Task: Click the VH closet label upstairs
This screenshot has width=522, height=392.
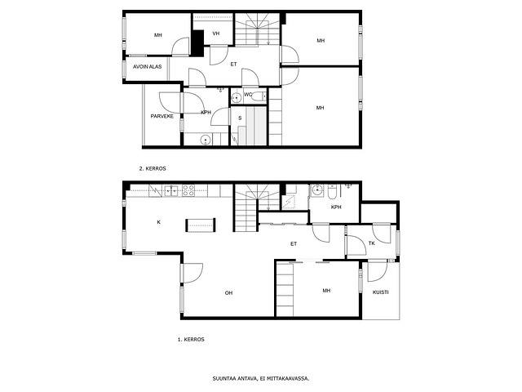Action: click(216, 33)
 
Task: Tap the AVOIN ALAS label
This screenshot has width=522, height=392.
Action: click(147, 67)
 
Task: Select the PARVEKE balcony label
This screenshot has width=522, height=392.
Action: click(162, 116)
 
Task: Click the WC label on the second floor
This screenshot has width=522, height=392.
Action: click(248, 95)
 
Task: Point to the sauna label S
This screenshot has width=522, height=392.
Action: click(240, 118)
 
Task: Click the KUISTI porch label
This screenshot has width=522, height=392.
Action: click(381, 292)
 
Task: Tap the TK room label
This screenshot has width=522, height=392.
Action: click(372, 243)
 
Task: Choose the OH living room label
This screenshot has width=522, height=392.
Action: click(228, 293)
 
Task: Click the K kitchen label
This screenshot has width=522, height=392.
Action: click(159, 222)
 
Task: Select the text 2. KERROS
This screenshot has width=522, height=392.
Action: click(153, 169)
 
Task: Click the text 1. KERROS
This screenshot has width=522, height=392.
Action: click(191, 340)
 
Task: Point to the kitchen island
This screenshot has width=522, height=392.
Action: click(200, 225)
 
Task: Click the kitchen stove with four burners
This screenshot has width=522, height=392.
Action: click(188, 190)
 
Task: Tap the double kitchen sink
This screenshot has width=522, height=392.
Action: click(171, 190)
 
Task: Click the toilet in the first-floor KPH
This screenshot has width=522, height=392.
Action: click(332, 191)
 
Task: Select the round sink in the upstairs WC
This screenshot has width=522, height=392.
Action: click(237, 98)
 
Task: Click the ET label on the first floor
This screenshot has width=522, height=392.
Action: click(294, 244)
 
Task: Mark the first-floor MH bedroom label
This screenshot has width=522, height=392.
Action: click(326, 291)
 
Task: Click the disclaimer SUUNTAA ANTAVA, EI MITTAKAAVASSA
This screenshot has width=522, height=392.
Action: click(261, 379)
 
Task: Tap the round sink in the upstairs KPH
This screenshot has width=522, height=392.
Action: click(206, 140)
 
